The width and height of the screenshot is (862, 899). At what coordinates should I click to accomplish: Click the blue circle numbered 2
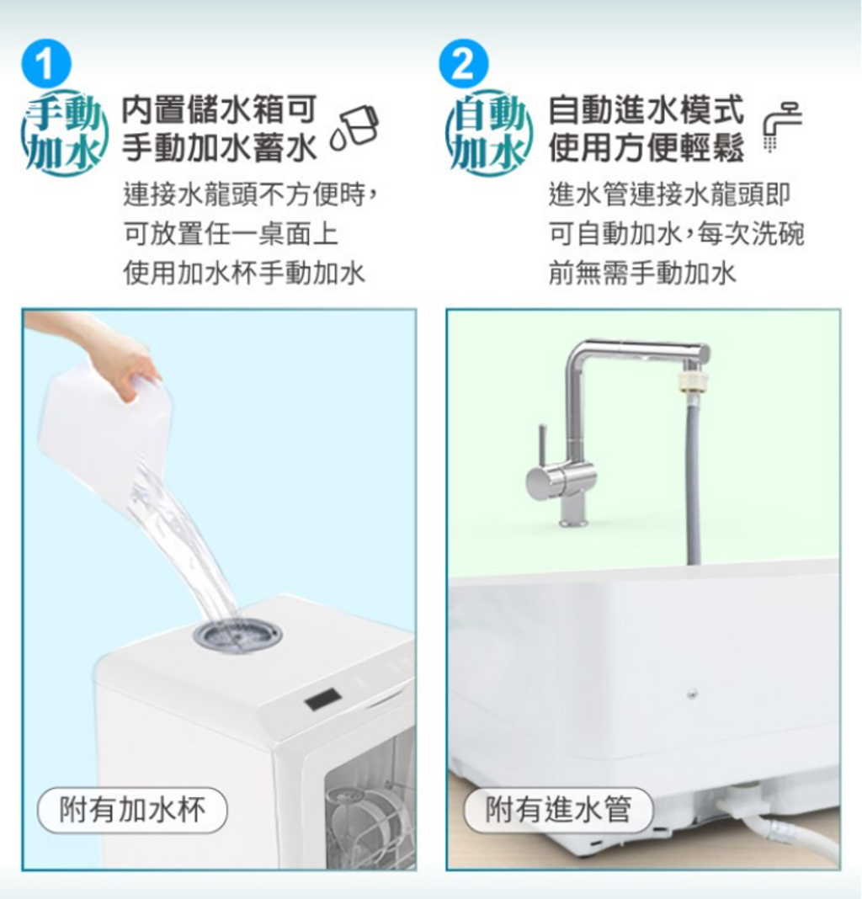pos(463,64)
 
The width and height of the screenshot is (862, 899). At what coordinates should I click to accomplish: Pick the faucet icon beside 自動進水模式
pos(783,126)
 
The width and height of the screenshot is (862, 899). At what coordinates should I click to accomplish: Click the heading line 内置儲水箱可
pos(219,109)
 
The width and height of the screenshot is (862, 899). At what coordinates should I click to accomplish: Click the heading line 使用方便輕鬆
pos(646,147)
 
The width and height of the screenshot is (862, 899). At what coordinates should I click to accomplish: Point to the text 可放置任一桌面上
pos(231,234)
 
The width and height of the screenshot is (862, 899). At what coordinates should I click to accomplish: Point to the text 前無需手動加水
pos(642,273)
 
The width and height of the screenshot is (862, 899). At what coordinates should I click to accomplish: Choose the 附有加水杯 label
pos(132,810)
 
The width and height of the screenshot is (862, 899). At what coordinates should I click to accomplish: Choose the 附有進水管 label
pos(558,810)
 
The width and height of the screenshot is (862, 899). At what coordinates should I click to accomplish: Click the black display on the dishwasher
pos(323,700)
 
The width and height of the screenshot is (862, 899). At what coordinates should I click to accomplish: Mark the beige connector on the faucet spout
pos(690,382)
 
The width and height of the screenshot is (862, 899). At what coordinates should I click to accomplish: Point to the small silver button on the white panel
pos(693,694)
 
